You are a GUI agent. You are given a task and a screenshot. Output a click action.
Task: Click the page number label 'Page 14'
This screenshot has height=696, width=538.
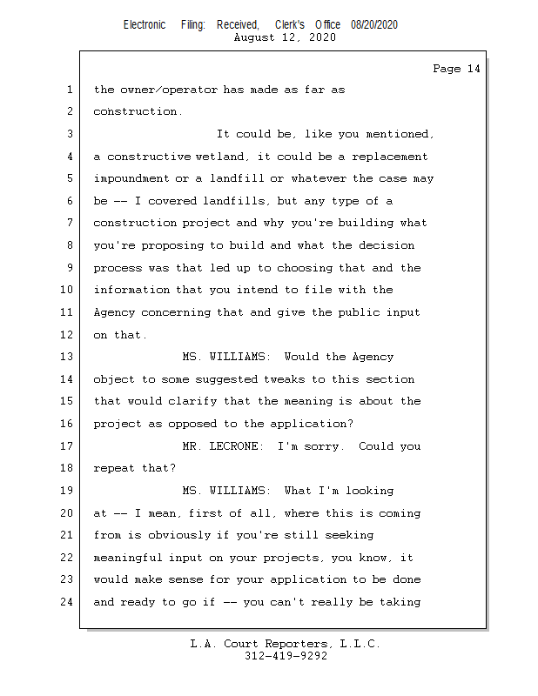(x=456, y=69)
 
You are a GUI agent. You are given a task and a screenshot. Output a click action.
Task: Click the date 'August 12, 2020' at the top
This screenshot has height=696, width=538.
(x=286, y=37)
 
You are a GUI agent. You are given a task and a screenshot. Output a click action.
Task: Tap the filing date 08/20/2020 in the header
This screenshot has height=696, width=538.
(x=374, y=25)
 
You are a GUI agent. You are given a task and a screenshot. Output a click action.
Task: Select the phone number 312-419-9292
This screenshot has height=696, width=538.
(x=286, y=656)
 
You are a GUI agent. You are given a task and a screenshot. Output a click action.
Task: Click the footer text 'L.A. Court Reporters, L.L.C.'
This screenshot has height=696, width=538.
(x=286, y=644)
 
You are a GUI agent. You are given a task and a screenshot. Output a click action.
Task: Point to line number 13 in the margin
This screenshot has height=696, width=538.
(x=68, y=357)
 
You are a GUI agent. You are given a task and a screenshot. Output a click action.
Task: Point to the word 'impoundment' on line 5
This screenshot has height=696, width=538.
(x=131, y=178)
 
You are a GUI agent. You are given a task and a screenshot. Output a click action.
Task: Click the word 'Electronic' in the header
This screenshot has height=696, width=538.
(x=145, y=25)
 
